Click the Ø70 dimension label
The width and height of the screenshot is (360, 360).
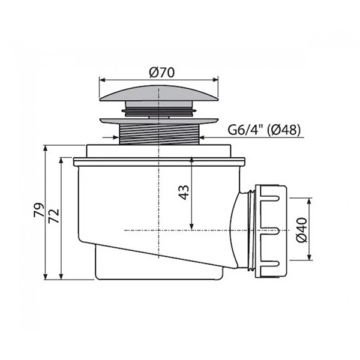click(x=161, y=72)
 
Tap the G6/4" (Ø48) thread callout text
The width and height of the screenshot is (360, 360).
click(x=264, y=130)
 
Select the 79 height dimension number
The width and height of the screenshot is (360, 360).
click(x=38, y=210)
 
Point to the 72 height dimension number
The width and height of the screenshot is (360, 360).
click(x=54, y=216)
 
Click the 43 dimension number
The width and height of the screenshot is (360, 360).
click(x=184, y=193)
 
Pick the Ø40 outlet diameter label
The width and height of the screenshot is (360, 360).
click(x=301, y=230)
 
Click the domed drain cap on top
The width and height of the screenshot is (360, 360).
click(x=158, y=93)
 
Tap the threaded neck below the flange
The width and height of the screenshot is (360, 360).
click(x=160, y=134)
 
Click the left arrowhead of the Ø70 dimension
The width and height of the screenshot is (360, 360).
click(x=102, y=80)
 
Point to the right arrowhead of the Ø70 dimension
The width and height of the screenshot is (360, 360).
click(x=215, y=80)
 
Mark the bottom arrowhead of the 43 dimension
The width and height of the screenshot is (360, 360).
click(x=192, y=227)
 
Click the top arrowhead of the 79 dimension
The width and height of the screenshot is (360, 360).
click(x=46, y=148)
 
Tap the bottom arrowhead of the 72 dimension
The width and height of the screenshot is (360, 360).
click(x=61, y=276)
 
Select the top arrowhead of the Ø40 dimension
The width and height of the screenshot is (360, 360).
click(x=309, y=201)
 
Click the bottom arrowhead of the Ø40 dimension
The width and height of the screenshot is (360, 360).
click(x=309, y=257)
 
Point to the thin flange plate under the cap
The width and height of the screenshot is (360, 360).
click(x=158, y=121)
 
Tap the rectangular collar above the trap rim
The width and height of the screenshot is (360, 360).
click(x=158, y=151)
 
